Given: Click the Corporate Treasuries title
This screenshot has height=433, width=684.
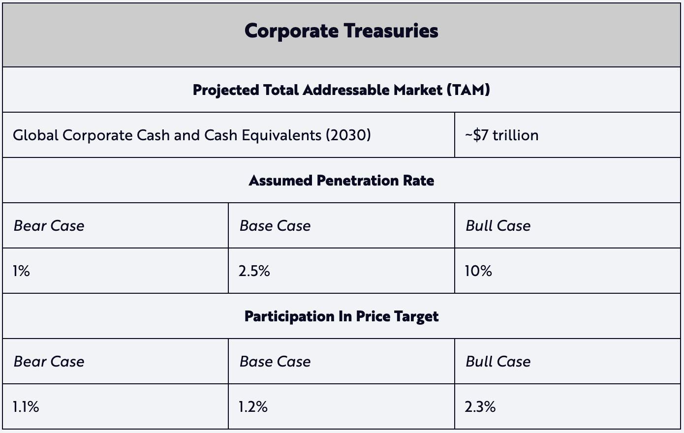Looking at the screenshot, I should [341, 31].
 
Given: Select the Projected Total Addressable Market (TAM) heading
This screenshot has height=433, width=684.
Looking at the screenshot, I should [341, 90].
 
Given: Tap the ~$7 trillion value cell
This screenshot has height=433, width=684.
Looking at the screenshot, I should [502, 135].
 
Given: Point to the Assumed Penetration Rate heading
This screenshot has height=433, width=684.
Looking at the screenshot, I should [341, 181].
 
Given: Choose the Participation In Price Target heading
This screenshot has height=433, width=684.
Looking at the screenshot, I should [341, 316].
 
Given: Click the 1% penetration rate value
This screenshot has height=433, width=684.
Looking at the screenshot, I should [22, 271].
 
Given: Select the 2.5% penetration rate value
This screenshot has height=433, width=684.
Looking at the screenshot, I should [254, 271].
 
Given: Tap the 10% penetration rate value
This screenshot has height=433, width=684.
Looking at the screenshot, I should [478, 271].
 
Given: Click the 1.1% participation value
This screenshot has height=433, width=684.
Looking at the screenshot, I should [26, 407].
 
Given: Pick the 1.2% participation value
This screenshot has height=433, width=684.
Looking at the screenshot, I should [253, 407].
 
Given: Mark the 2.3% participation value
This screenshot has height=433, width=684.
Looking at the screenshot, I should [480, 407].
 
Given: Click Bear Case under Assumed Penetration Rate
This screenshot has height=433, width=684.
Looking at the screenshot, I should [49, 226].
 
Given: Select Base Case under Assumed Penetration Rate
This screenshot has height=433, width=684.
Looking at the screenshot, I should [275, 226].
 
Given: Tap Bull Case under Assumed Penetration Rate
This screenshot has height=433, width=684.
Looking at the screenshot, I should [498, 226].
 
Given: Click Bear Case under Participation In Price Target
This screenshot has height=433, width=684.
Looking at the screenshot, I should [49, 362].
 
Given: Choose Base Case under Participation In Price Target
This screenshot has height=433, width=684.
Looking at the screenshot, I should [275, 362].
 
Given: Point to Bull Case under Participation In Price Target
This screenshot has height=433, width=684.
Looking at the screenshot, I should [498, 362].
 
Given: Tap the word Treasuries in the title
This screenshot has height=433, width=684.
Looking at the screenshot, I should [391, 31].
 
